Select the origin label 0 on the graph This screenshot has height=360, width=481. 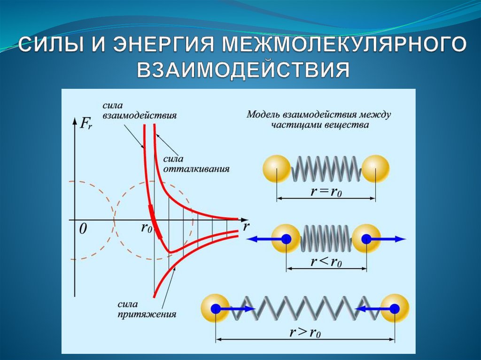tap(83, 229)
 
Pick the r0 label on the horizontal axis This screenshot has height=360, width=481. tap(147, 229)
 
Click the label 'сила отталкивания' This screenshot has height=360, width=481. tap(196, 164)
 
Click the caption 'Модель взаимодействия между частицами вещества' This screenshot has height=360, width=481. tap(319, 119)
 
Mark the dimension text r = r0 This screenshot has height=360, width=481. tap(326, 192)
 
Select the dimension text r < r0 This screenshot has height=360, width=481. tap(326, 262)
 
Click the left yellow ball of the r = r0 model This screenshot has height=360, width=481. tap(277, 169)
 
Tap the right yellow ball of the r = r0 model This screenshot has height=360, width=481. tap(376, 169)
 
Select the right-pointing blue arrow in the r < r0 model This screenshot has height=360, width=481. tap(390, 239)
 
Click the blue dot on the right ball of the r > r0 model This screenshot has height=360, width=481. tap(395, 308)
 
